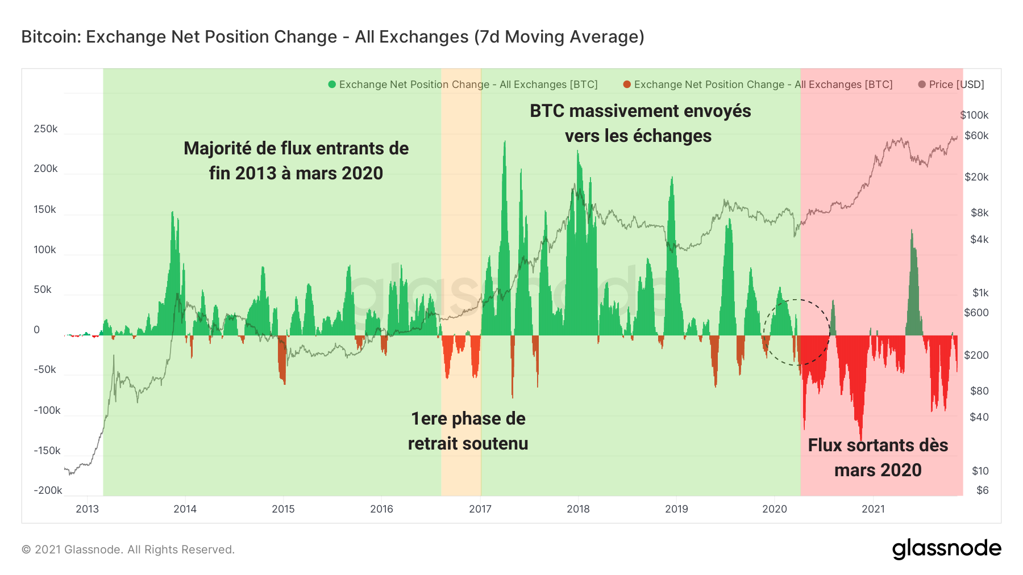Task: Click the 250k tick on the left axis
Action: click(45, 129)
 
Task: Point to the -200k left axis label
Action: click(48, 490)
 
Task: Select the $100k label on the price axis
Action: click(974, 115)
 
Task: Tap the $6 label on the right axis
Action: click(982, 490)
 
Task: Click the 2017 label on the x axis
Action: click(480, 509)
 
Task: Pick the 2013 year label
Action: click(87, 509)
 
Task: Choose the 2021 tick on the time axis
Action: click(873, 509)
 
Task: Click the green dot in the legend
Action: click(332, 85)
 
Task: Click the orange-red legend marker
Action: click(627, 85)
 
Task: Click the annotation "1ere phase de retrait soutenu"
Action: click(468, 431)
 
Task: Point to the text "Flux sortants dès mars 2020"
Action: click(878, 458)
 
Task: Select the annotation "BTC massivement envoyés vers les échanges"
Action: click(640, 123)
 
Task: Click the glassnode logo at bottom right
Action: click(946, 549)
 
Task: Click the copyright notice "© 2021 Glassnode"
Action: click(128, 549)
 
